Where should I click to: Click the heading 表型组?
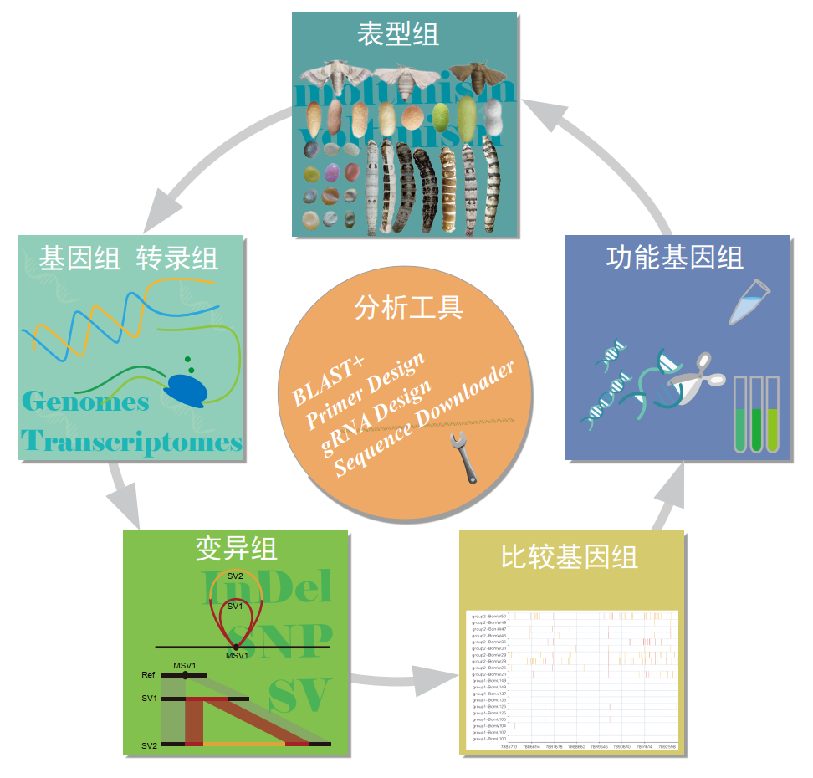click(397, 34)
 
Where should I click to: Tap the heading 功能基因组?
click(674, 257)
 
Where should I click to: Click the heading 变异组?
click(236, 549)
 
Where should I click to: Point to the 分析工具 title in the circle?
click(409, 307)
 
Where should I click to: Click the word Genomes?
click(86, 402)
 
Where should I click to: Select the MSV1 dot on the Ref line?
click(185, 674)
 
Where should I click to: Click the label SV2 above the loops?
click(235, 576)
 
